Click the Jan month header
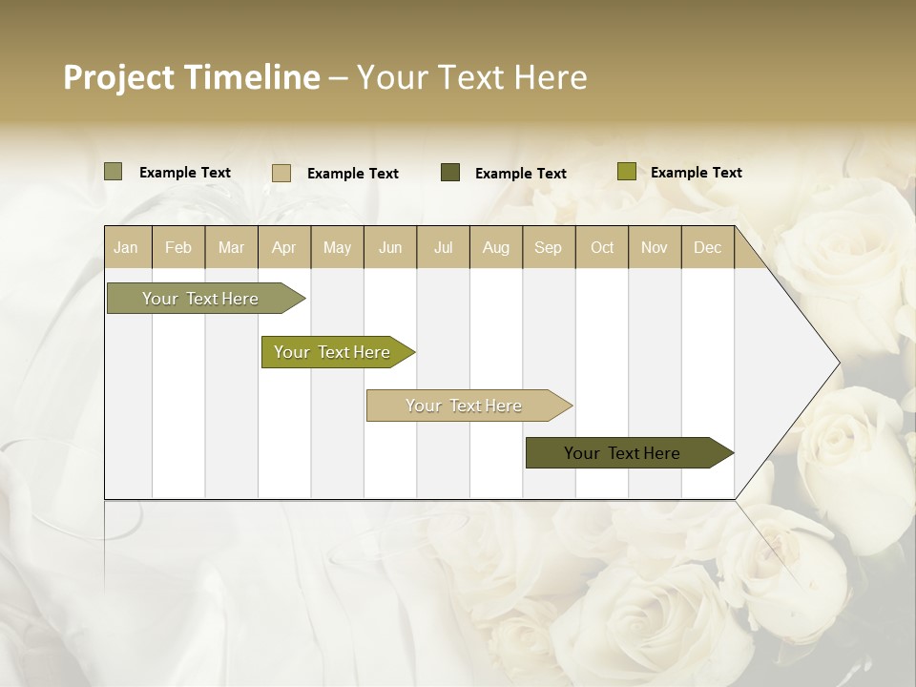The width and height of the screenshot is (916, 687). pyautogui.click(x=126, y=248)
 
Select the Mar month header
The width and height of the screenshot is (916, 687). pyautogui.click(x=231, y=248)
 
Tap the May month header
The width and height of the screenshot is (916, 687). pyautogui.click(x=337, y=248)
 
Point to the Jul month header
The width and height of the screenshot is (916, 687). pyautogui.click(x=443, y=248)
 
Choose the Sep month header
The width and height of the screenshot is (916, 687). pyautogui.click(x=548, y=248)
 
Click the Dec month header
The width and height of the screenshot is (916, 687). pyautogui.click(x=707, y=248)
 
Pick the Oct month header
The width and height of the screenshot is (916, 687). pyautogui.click(x=602, y=248)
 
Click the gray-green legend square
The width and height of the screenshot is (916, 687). pyautogui.click(x=114, y=172)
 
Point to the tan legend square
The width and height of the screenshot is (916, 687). pyautogui.click(x=281, y=173)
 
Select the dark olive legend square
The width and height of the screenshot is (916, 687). pyautogui.click(x=450, y=173)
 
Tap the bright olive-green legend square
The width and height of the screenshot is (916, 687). pyautogui.click(x=626, y=172)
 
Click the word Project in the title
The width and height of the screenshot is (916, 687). pyautogui.click(x=118, y=77)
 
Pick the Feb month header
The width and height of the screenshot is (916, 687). pyautogui.click(x=178, y=248)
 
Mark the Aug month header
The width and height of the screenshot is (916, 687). pyautogui.click(x=495, y=248)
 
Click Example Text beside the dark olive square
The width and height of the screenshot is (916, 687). pyautogui.click(x=520, y=174)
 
